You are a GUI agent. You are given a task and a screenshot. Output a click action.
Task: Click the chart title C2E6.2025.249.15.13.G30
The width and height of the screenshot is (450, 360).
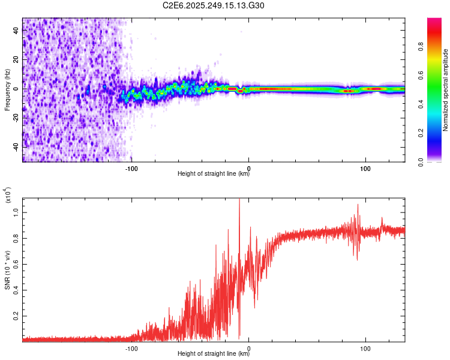pos(214,5)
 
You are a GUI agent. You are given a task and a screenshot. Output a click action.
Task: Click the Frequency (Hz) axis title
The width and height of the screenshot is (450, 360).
pos(7,90)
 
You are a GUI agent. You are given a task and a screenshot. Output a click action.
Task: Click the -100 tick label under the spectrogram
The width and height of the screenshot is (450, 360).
pos(131,168)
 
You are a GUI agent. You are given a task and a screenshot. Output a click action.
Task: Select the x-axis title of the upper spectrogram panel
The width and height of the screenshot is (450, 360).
pos(214,175)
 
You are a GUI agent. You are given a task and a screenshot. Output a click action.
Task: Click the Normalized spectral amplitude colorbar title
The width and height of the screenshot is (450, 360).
pos(446,90)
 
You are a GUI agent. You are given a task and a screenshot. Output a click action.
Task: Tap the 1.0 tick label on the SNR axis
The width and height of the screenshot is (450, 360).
pos(16,212)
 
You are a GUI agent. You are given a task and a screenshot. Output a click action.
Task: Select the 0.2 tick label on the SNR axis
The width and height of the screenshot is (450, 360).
pos(16,315)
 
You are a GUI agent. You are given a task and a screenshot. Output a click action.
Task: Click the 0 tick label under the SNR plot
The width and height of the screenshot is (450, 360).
pos(249,348)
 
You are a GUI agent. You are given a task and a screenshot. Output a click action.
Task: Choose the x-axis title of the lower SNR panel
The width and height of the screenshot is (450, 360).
pos(214,355)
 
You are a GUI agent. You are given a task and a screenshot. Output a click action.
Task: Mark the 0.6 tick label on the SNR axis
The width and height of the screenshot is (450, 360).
pos(16,263)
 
